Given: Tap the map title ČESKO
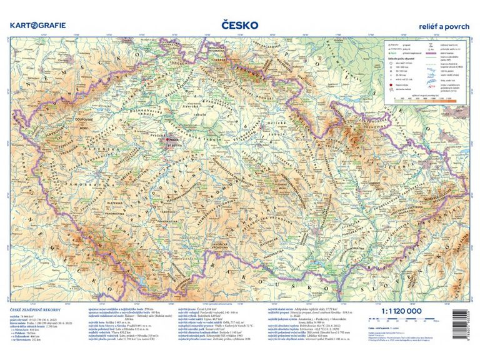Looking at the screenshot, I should point(240,24).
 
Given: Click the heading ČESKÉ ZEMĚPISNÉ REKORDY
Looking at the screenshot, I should point(32,310).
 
